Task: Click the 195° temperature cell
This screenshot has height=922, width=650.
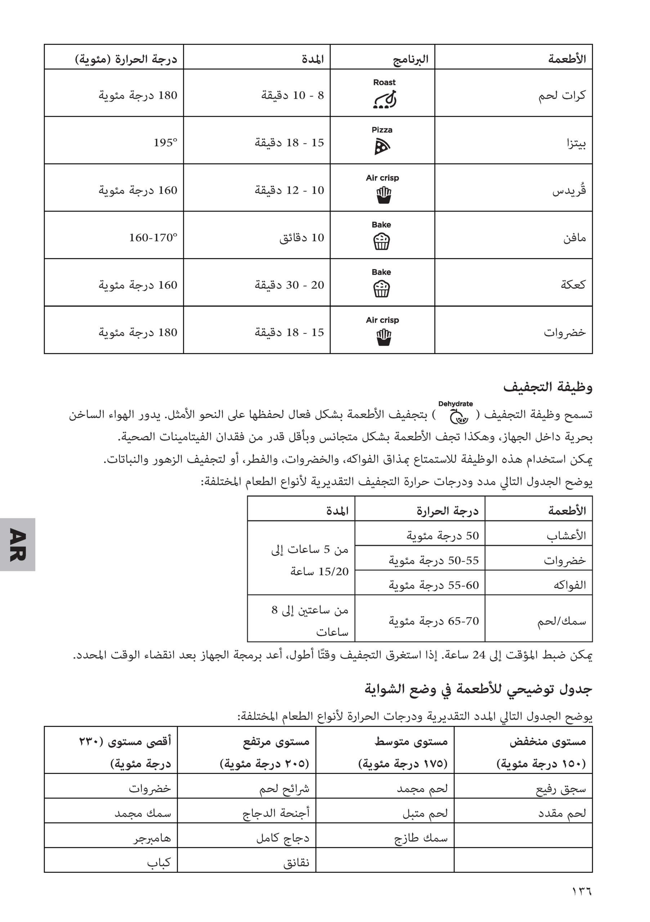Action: (165, 143)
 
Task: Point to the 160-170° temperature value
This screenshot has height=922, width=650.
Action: (153, 237)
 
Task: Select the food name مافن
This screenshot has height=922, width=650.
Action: (574, 238)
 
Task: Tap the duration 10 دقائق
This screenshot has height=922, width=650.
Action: (301, 237)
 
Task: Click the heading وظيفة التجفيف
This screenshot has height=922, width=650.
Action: (548, 387)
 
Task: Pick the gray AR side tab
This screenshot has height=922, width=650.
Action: (18, 544)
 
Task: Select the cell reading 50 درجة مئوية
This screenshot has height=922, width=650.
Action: (443, 535)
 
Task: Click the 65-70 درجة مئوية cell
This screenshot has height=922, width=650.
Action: (434, 621)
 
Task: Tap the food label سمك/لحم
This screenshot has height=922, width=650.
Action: (562, 622)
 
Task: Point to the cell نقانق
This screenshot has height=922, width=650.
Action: (296, 863)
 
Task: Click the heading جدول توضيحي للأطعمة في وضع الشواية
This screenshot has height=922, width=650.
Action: (478, 689)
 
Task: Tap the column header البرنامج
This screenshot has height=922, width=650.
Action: (410, 59)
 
